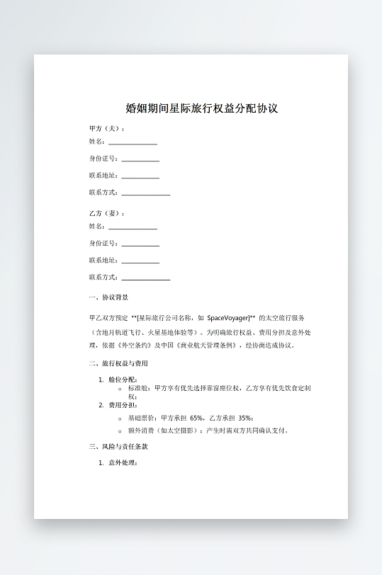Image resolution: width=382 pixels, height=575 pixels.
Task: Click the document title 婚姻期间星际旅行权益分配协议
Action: tap(201, 109)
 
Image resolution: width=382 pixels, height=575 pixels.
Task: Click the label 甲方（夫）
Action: tap(106, 129)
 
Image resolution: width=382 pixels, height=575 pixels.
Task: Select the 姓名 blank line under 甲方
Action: tap(133, 143)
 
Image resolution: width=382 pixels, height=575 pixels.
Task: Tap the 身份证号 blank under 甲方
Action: tap(140, 160)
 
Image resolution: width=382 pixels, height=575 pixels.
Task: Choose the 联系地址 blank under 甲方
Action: tap(140, 176)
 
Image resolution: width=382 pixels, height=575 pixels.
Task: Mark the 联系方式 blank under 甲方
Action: tap(145, 193)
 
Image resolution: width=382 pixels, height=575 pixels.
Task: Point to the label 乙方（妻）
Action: tap(106, 213)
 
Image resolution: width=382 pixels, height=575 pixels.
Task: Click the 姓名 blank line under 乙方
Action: tap(133, 228)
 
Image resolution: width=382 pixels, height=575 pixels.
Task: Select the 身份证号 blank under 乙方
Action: tap(140, 245)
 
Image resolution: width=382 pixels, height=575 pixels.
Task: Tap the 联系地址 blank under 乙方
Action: tap(140, 261)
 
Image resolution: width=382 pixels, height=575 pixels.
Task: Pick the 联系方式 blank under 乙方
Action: tap(145, 278)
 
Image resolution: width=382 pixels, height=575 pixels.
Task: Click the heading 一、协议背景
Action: tap(108, 297)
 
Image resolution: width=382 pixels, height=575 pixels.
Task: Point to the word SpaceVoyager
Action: tap(226, 319)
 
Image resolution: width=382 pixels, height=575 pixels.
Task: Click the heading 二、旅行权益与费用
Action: tap(118, 364)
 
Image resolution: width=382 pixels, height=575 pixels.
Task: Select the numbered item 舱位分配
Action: tap(123, 380)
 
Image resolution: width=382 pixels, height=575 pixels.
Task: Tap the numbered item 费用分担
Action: tap(123, 405)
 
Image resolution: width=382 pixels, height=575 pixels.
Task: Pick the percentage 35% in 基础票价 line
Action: tap(245, 418)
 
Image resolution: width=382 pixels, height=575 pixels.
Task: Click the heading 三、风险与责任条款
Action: tap(118, 447)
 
